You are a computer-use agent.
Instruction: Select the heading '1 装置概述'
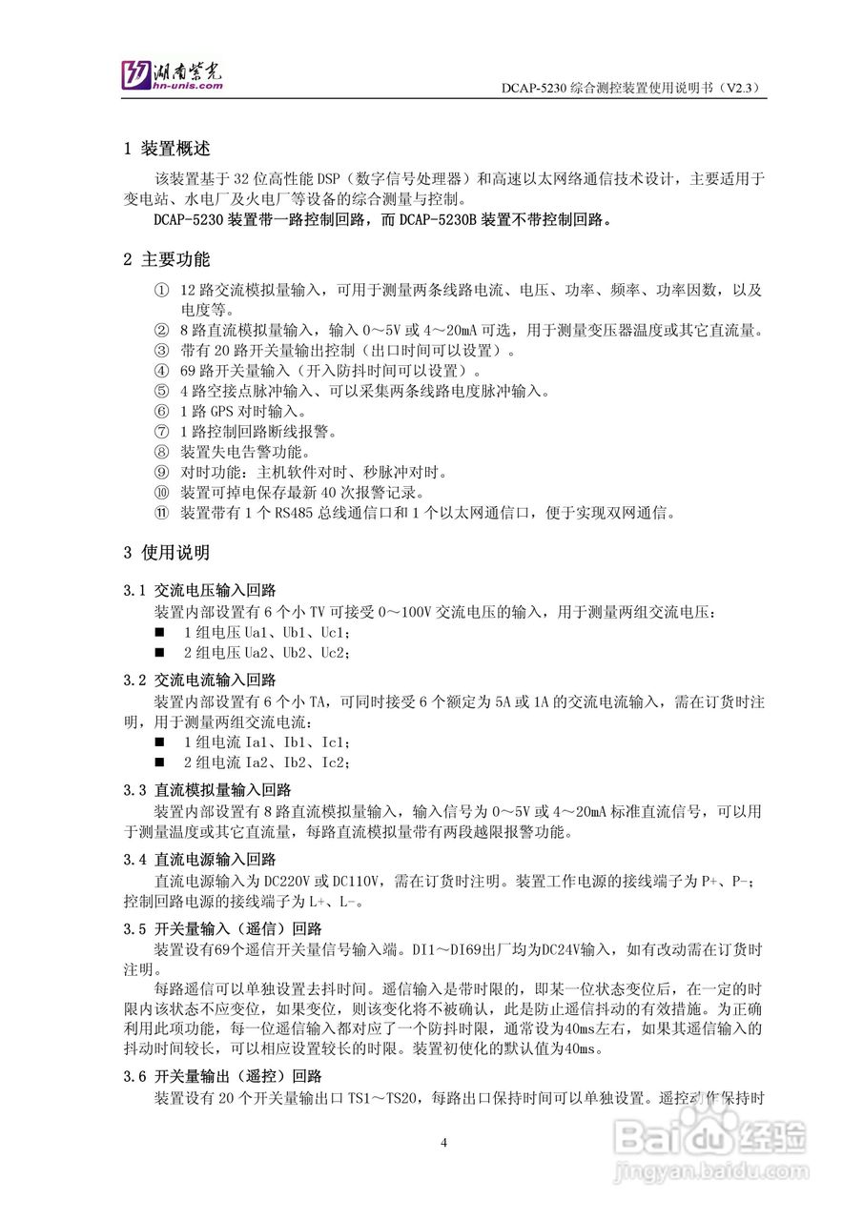tap(167, 149)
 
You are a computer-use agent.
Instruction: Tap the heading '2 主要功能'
tap(167, 259)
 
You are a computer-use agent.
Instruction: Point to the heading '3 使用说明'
tap(167, 553)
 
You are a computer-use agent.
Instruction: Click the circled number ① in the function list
tap(160, 290)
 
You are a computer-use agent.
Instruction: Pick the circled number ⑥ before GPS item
tap(160, 412)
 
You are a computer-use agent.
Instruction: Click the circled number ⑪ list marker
tap(160, 513)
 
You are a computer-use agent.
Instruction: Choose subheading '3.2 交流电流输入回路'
tap(200, 680)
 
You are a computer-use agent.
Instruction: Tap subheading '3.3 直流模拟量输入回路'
tap(208, 790)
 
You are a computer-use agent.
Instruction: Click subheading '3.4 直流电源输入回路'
tap(200, 860)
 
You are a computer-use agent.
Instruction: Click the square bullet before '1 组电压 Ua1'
tap(160, 632)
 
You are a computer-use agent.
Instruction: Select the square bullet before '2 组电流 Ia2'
tap(160, 762)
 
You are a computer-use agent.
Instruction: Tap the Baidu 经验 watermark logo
tap(710, 1134)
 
